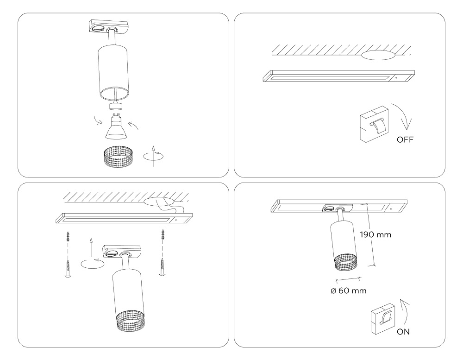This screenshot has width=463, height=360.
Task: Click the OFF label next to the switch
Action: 405,139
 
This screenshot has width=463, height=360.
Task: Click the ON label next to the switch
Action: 403,331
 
